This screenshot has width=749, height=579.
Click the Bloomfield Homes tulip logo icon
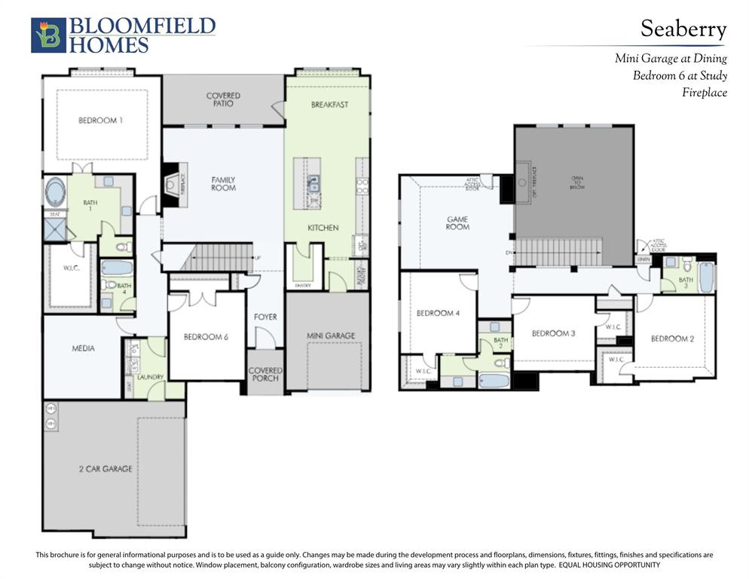[48, 35]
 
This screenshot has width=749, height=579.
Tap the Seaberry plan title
[683, 29]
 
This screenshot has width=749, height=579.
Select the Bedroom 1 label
[100, 121]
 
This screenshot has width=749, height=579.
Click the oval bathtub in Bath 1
[55, 191]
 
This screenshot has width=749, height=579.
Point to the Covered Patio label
[223, 100]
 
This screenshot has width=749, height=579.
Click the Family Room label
[223, 183]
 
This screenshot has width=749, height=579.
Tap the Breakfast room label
[329, 105]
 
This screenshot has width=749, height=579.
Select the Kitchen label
[323, 228]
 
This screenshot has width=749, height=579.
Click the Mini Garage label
[330, 335]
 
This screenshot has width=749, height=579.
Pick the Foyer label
[265, 317]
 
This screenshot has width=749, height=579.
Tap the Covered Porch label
[265, 374]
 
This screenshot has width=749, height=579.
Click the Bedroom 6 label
[206, 337]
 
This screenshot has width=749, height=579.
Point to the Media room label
[83, 348]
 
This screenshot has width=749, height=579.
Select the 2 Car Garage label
[105, 469]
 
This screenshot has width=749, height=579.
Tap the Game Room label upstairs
[457, 223]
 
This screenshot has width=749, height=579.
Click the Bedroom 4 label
[438, 313]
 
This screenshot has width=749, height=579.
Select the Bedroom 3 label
[554, 333]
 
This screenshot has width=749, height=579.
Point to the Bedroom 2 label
[672, 339]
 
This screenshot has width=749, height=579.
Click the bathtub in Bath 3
[706, 277]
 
